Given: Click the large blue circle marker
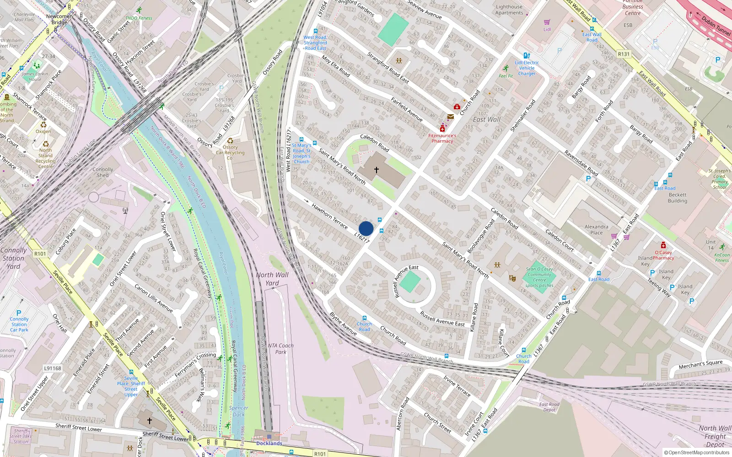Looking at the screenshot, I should [x=366, y=228].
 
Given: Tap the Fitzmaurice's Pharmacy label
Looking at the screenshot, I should [x=442, y=138].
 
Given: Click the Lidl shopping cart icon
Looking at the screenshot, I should [x=547, y=22].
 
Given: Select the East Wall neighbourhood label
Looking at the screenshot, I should [x=487, y=120].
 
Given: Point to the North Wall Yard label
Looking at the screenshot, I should [x=272, y=279].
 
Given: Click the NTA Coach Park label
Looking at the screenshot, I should [x=280, y=349].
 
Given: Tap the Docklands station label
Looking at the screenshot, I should [x=269, y=443].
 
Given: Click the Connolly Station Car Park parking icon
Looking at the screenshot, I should [x=19, y=313].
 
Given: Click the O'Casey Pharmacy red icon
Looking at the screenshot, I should [x=663, y=245].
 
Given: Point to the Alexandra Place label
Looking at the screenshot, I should [x=597, y=229].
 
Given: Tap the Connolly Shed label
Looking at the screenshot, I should [x=103, y=172].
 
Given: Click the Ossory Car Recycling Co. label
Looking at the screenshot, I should [x=230, y=153].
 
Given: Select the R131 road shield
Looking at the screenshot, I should [x=624, y=54].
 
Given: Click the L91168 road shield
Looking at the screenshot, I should [x=53, y=368].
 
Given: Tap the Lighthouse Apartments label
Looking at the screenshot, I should [x=509, y=10].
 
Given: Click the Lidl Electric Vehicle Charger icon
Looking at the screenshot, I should [x=527, y=56].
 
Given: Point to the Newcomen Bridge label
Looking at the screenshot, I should [x=59, y=19].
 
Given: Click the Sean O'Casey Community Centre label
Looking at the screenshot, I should [x=539, y=277].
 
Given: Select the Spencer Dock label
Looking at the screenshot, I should [x=238, y=411].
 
